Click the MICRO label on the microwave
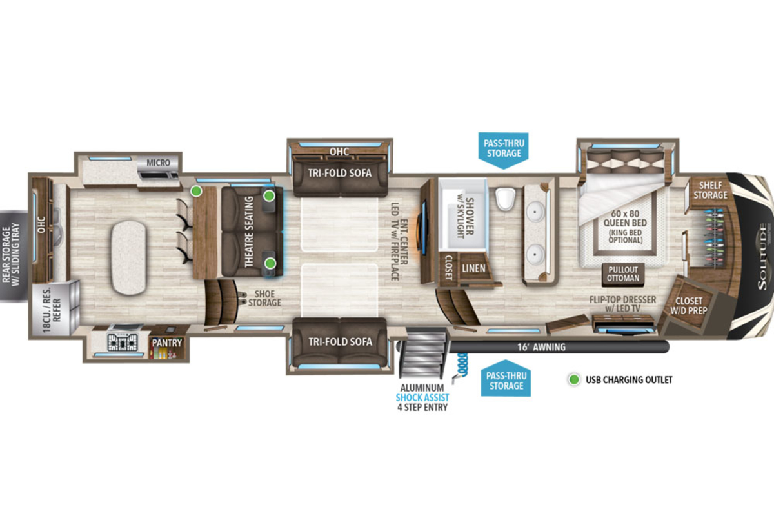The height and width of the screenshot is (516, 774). tap(158, 163)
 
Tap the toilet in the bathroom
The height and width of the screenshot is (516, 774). tap(505, 199)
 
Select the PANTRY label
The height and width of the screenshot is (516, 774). tap(167, 343)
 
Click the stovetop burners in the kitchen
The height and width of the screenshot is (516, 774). tap(123, 342)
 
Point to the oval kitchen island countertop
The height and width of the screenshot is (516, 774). tap(128, 257)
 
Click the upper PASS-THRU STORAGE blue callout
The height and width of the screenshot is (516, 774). tap(504, 150)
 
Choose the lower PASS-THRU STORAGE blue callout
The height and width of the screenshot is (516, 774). tap(506, 379)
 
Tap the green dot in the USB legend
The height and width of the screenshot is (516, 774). tap(574, 380)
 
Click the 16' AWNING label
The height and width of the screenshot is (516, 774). tap(541, 347)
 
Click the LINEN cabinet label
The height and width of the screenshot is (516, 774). tap(473, 268)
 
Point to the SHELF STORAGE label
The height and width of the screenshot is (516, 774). tap(710, 190)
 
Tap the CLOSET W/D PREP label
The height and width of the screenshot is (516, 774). tap(689, 306)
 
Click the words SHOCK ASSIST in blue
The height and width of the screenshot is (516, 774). tap(422, 397)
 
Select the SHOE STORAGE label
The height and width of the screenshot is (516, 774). tap(264, 298)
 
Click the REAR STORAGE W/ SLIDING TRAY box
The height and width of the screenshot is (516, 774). tap(14, 256)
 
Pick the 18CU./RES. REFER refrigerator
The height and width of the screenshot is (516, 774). tap(55, 308)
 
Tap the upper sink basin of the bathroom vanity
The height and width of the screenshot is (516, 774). tap(535, 211)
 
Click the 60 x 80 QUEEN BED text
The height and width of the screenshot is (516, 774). tap(625, 218)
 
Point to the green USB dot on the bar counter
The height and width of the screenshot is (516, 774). tap(197, 191)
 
